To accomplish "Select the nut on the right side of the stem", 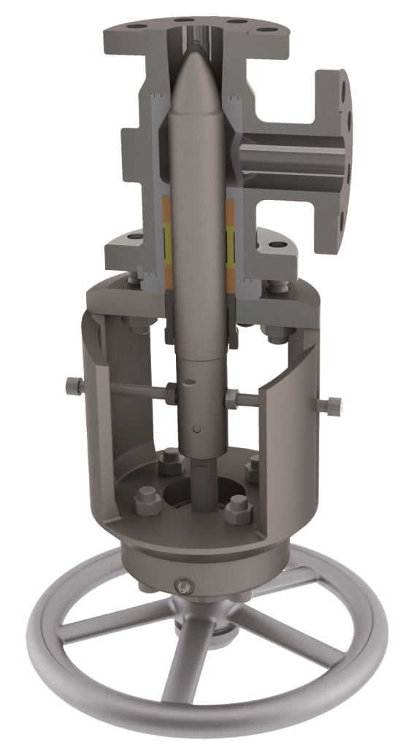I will pos(232,398).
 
